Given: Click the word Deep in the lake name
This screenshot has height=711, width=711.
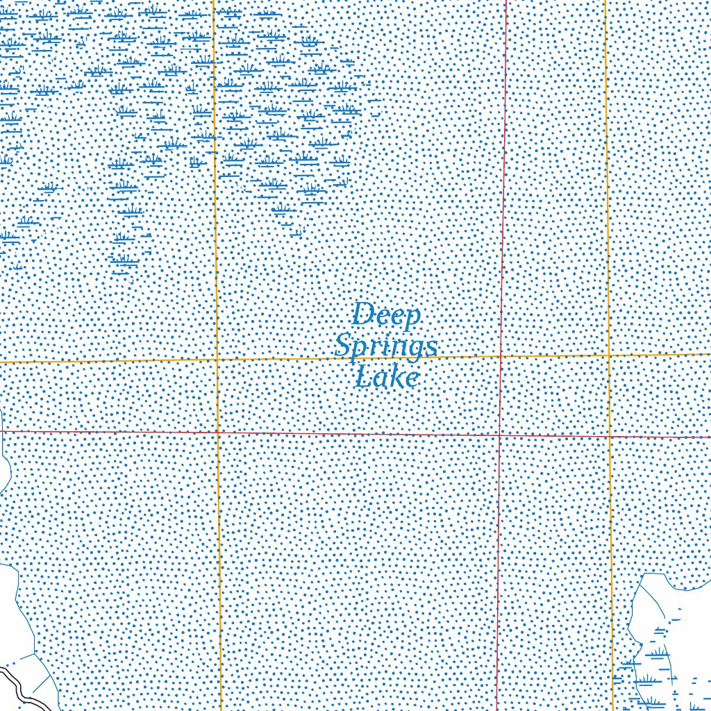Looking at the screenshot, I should click(x=386, y=315).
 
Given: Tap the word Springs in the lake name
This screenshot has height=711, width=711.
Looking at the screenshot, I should click(x=386, y=346).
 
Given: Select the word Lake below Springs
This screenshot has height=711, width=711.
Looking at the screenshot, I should click(x=387, y=377).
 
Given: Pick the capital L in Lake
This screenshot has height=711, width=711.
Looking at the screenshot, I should click(x=363, y=376).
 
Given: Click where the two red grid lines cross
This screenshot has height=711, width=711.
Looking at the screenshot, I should click(x=500, y=435).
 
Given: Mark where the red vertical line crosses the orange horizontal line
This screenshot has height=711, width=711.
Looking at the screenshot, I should click(x=501, y=356).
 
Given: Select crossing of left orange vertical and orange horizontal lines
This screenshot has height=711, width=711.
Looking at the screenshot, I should click(x=217, y=360).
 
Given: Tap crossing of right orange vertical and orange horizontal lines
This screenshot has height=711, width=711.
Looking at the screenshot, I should click(x=609, y=355).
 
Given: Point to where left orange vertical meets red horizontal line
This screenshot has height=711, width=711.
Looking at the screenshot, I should click(x=218, y=432).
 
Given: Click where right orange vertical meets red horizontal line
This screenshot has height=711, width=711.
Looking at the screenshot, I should click(x=610, y=437).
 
